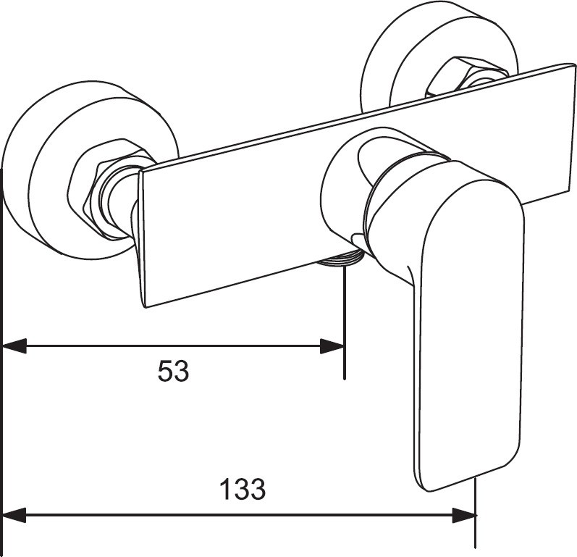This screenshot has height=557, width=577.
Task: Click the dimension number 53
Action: pos(173,372)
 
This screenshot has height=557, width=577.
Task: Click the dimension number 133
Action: pos(242,490)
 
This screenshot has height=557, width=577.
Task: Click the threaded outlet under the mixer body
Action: pos(341,259)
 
